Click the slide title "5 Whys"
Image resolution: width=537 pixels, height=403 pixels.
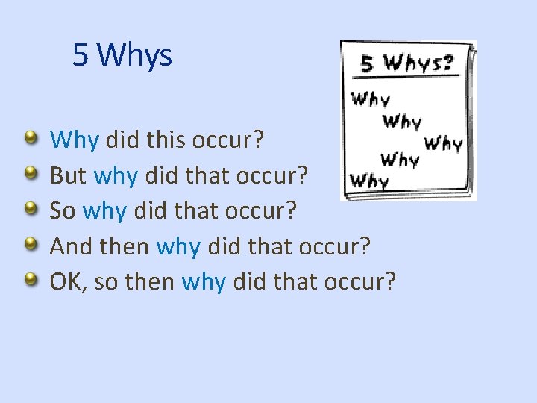(x=122, y=55)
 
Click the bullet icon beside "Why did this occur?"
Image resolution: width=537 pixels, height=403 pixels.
(x=31, y=137)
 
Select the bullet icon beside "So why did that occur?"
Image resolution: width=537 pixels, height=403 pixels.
(x=31, y=209)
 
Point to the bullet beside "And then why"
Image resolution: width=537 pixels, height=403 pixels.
(x=31, y=244)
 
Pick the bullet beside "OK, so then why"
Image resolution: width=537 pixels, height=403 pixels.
(x=31, y=280)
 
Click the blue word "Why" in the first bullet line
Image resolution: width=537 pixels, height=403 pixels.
(x=75, y=140)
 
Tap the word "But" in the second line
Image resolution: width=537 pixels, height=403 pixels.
(x=68, y=175)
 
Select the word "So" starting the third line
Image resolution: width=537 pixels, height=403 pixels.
(x=63, y=210)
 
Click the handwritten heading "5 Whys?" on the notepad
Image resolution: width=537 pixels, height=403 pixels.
(x=406, y=63)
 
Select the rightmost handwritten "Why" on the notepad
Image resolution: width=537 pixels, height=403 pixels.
(x=443, y=143)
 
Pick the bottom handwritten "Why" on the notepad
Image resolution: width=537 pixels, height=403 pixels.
(x=369, y=181)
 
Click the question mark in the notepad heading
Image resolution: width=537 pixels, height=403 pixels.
(x=447, y=62)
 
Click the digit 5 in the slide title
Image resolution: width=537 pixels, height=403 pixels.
(x=81, y=55)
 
